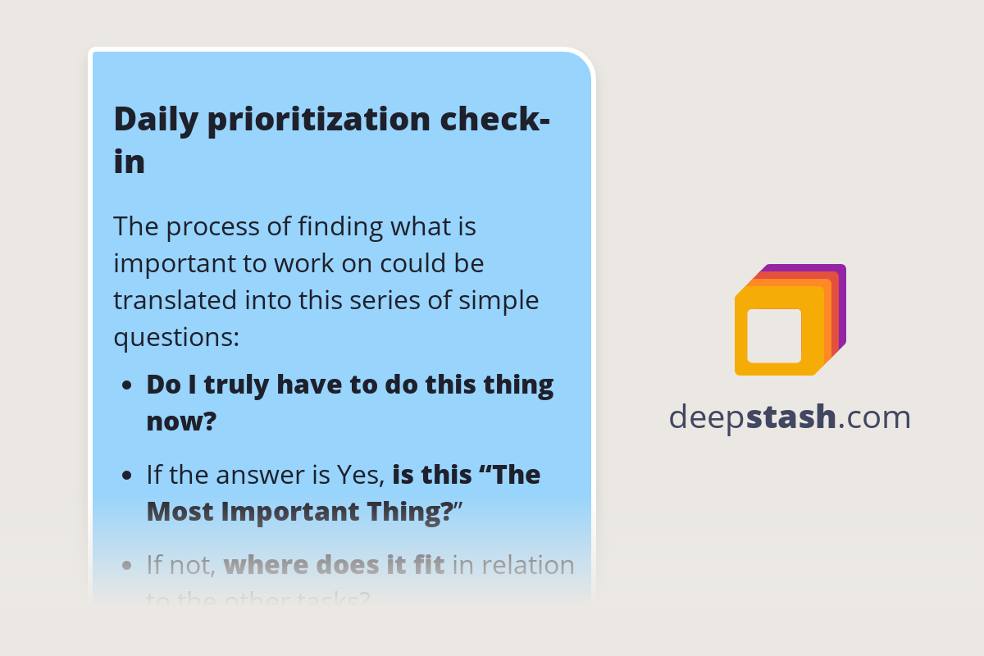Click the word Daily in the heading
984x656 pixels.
154,119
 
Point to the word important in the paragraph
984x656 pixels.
165,263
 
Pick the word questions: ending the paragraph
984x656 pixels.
175,337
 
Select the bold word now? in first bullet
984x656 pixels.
181,421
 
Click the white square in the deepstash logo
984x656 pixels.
774,335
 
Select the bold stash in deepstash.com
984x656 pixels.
792,417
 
